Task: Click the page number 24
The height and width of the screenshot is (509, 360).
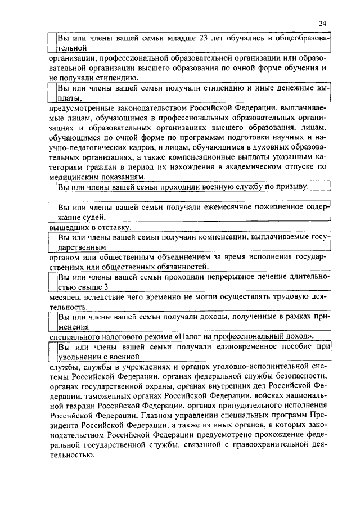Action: (x=321, y=23)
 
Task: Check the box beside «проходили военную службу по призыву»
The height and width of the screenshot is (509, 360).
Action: (x=52, y=187)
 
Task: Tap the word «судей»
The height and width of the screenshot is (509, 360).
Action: (x=93, y=217)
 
